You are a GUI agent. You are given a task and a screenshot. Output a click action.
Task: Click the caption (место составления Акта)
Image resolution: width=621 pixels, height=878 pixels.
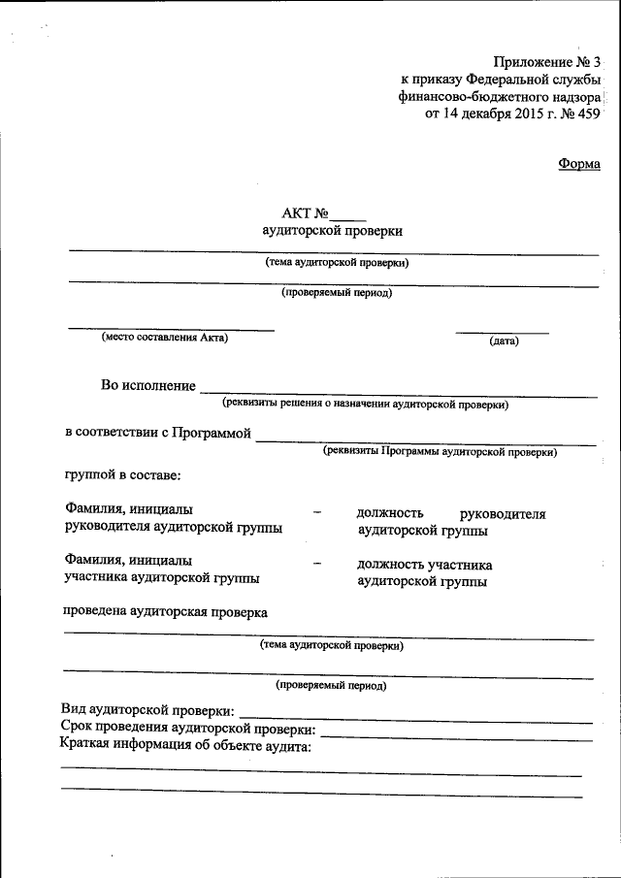click(x=165, y=338)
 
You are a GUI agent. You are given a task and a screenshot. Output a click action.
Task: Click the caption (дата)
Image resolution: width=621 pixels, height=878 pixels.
click(x=504, y=341)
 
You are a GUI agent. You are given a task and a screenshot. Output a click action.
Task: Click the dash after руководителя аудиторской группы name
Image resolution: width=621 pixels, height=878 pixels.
click(x=317, y=511)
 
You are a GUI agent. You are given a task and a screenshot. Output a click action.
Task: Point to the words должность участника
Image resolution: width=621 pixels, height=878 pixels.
click(x=424, y=565)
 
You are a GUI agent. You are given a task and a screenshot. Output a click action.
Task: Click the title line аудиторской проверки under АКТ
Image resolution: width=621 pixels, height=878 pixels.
click(x=332, y=231)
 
